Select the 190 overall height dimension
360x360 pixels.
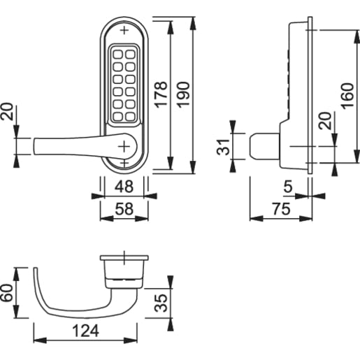coord(184,91)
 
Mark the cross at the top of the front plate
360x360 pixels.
coord(124,31)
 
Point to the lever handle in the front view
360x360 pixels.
coord(70,145)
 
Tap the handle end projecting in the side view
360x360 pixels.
coord(261,147)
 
